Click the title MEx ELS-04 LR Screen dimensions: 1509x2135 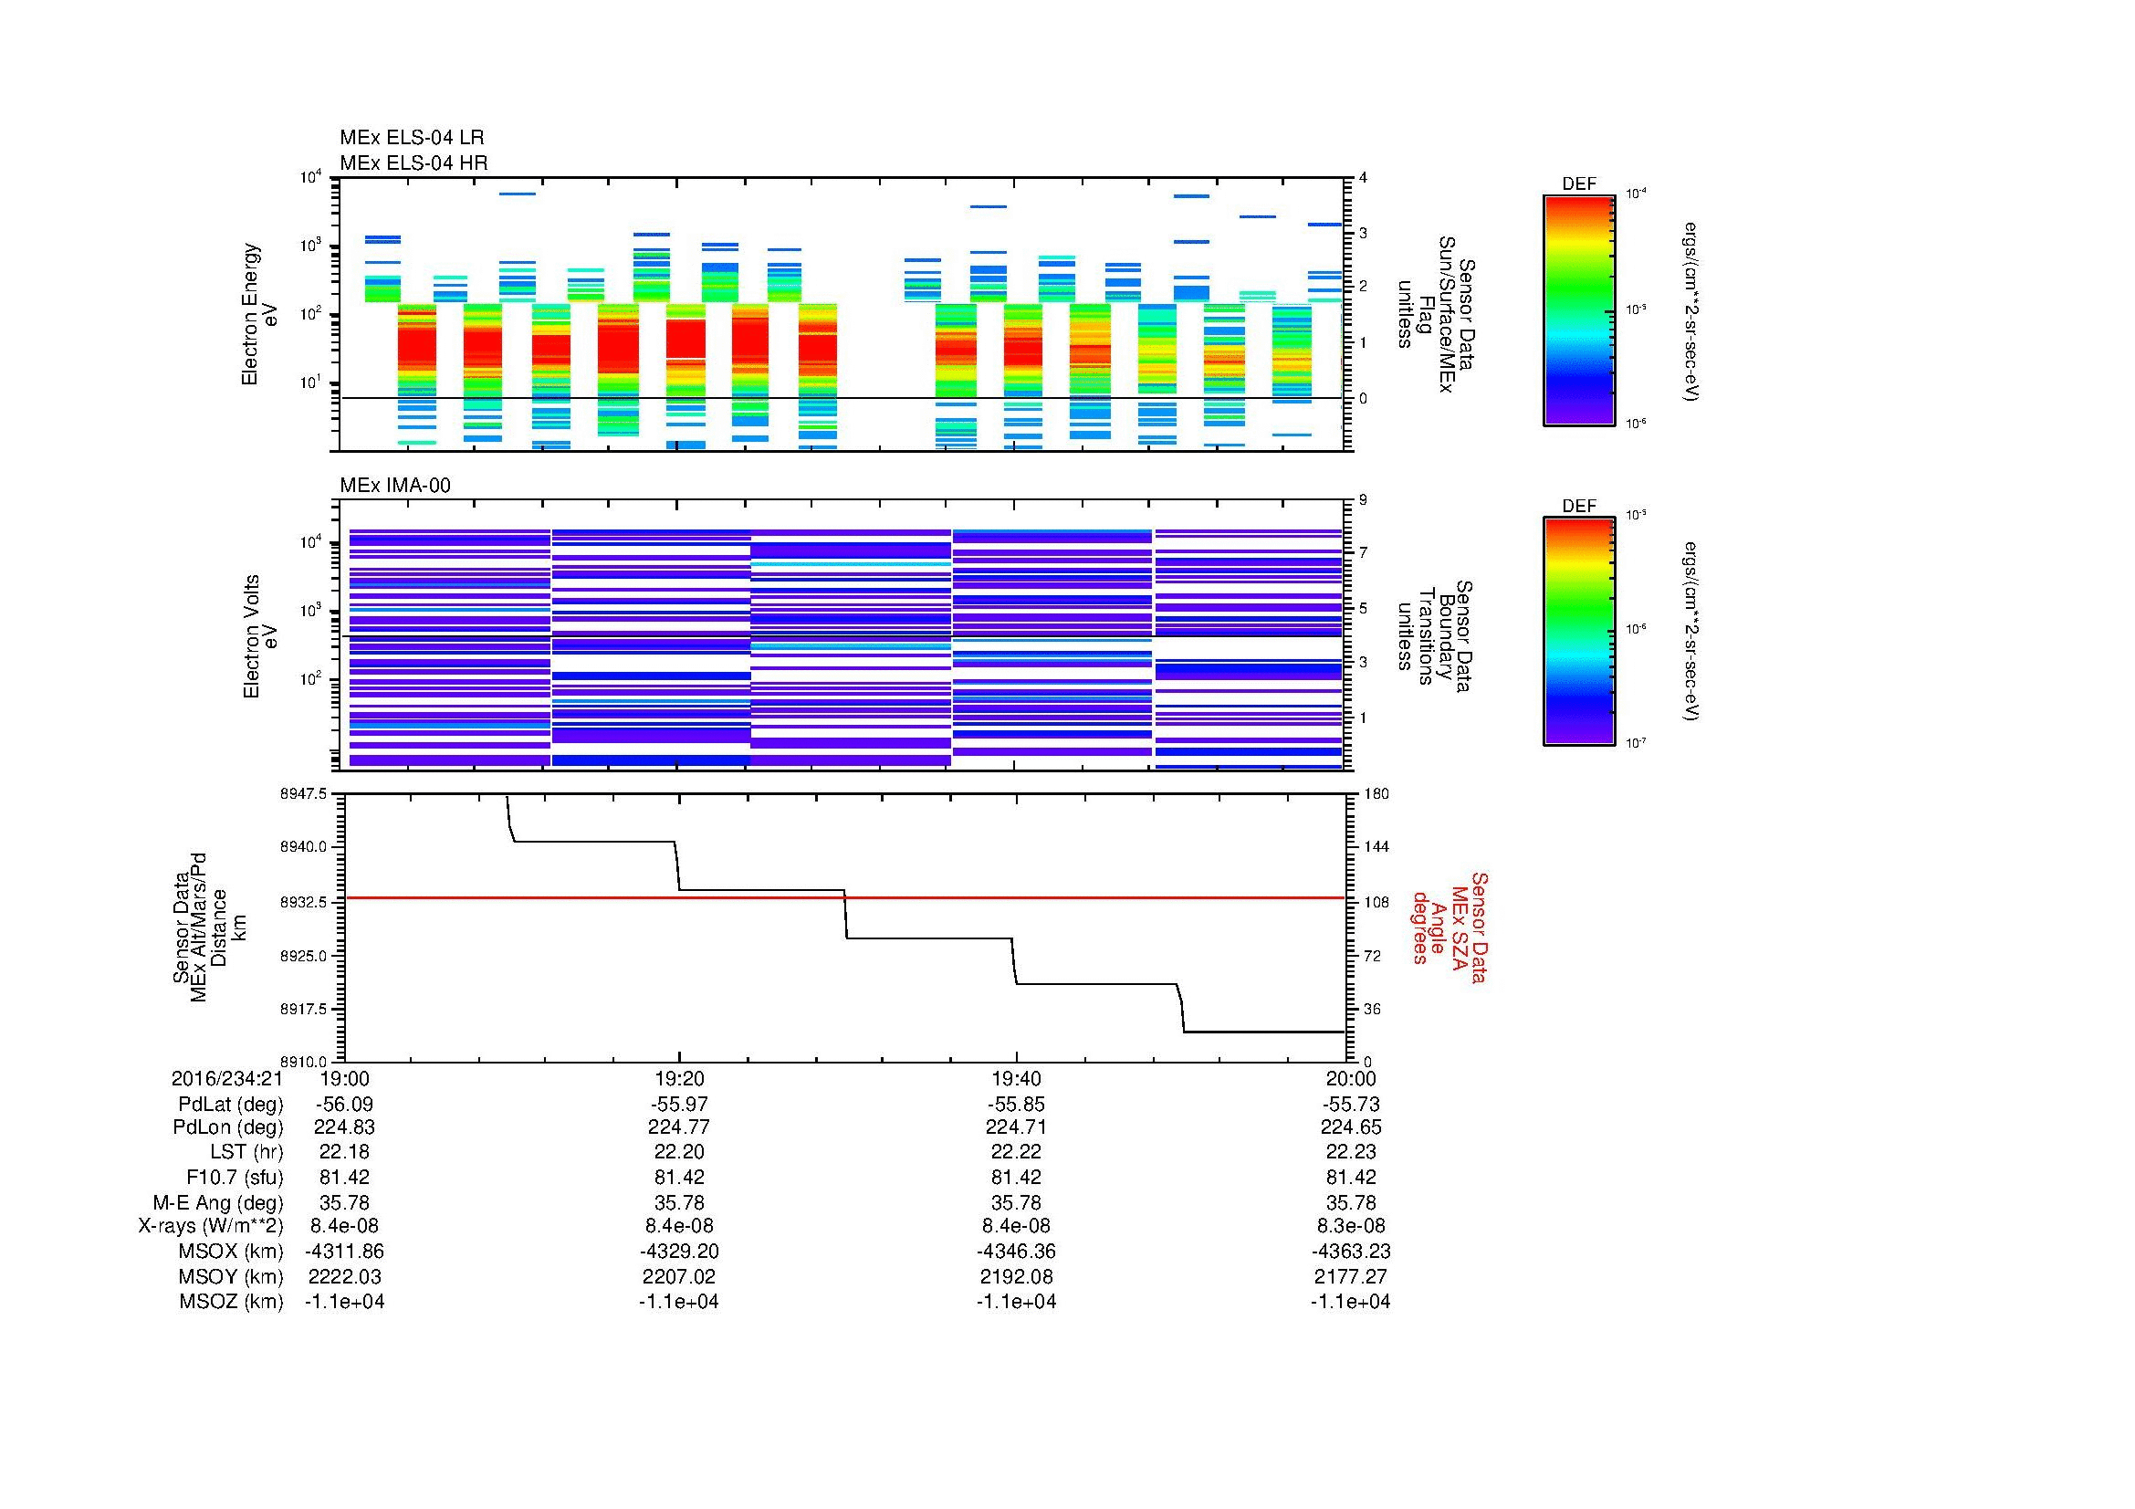tap(411, 138)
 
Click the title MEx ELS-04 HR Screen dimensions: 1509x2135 tap(413, 162)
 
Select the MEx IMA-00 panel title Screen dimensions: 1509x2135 tap(394, 486)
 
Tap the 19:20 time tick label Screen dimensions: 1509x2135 tap(679, 1078)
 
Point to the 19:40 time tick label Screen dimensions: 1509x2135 tap(1016, 1078)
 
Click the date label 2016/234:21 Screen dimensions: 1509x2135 tap(227, 1078)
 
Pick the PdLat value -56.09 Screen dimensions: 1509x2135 tap(344, 1105)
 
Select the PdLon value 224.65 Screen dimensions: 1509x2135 tap(1350, 1127)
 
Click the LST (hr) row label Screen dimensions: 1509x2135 tap(246, 1151)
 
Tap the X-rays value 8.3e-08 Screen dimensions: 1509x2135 tap(1350, 1225)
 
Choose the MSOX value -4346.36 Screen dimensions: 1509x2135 tap(1016, 1252)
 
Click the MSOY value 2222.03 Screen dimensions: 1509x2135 tap(344, 1276)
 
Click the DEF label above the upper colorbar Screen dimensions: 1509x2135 tap(1578, 184)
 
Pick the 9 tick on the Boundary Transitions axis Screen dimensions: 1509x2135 tap(1363, 500)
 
